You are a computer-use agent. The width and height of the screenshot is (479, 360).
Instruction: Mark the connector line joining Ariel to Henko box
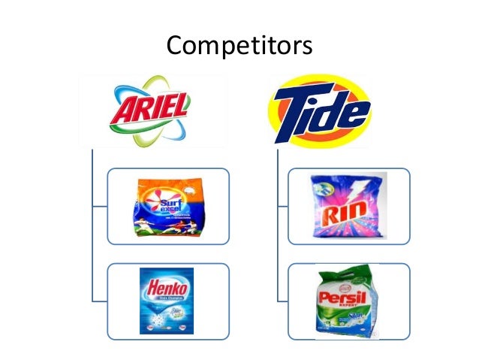pos(93,263)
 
